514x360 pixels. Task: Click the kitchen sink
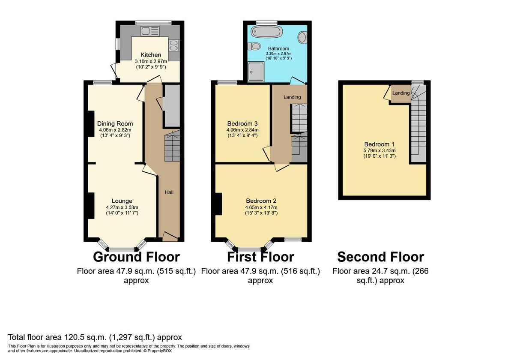click(150, 31)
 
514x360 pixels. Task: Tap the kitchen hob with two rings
click(174, 45)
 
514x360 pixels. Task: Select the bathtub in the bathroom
click(266, 32)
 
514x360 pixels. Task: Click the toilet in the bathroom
click(254, 46)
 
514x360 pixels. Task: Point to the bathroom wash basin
click(302, 37)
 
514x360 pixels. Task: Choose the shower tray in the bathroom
click(256, 72)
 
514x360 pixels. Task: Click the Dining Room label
click(115, 124)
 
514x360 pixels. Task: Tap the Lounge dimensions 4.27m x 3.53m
click(122, 207)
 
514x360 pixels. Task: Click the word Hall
click(169, 192)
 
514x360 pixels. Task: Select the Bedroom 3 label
click(242, 124)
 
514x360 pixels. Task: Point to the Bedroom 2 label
click(261, 201)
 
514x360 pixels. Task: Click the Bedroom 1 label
click(380, 144)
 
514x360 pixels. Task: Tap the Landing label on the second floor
click(401, 93)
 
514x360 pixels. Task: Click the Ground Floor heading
click(136, 257)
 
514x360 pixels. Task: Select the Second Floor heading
click(381, 257)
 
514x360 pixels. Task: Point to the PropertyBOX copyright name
click(159, 351)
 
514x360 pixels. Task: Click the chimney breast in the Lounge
click(91, 205)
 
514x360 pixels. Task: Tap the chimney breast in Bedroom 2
click(218, 204)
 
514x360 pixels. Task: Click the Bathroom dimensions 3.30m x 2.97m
click(278, 54)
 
